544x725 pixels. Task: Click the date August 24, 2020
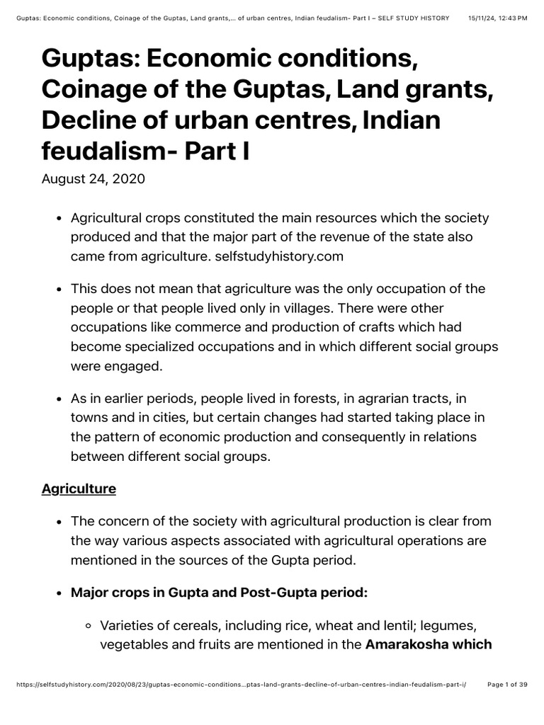[x=93, y=178]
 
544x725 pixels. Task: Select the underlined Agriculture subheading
[x=79, y=489]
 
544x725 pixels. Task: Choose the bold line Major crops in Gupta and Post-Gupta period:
[x=219, y=593]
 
